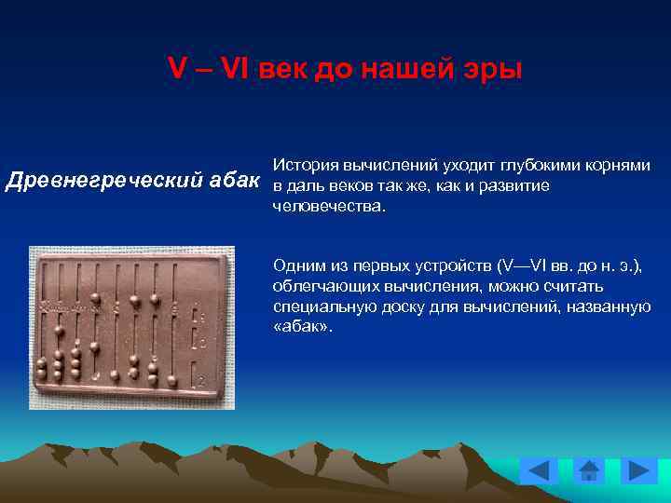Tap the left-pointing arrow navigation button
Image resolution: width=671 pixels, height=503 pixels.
click(538, 470)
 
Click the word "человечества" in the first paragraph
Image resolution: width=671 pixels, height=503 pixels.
click(326, 206)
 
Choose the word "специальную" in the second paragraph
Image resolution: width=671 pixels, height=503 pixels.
click(315, 306)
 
